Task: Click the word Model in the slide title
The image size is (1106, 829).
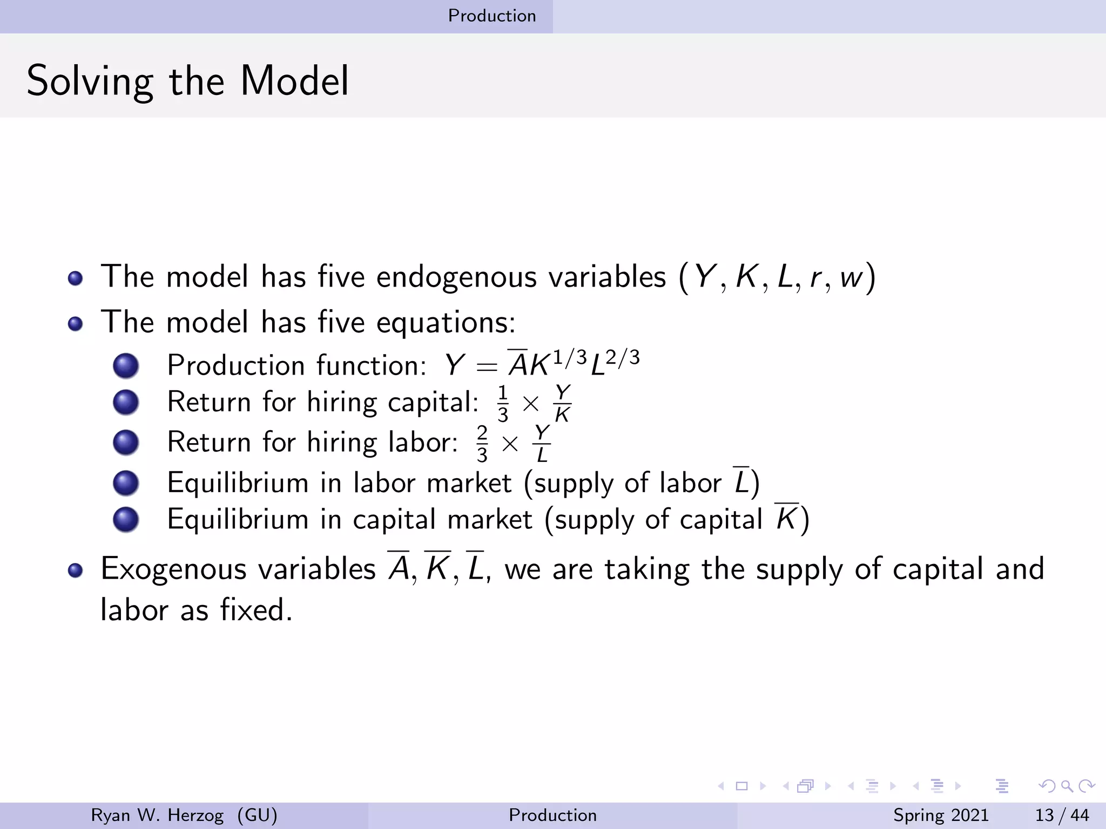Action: click(x=294, y=81)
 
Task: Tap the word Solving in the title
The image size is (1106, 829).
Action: click(x=90, y=82)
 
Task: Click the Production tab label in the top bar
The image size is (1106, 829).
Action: click(x=492, y=16)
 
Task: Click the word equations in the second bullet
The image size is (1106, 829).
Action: click(x=445, y=323)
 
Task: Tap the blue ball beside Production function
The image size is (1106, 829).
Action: click(x=126, y=365)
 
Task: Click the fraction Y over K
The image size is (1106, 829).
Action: click(x=562, y=403)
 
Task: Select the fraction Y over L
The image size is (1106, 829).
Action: click(x=542, y=444)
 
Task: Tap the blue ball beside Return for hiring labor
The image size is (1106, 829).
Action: click(x=126, y=443)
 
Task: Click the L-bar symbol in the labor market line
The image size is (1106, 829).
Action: click(x=741, y=481)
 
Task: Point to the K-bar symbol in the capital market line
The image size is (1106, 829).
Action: click(x=786, y=518)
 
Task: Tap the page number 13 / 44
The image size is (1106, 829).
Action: click(x=1061, y=815)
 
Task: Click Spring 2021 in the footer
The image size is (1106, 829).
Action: click(x=940, y=815)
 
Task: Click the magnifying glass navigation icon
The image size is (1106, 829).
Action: click(x=1067, y=786)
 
